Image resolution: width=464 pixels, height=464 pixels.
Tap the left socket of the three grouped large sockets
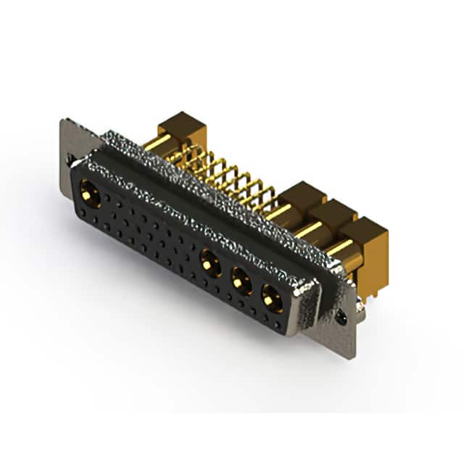coord(211,262)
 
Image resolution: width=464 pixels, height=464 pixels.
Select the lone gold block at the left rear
coord(181,128)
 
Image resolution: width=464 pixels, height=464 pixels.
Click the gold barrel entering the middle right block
coord(310,230)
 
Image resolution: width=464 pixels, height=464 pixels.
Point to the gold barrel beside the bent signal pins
coord(278,212)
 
